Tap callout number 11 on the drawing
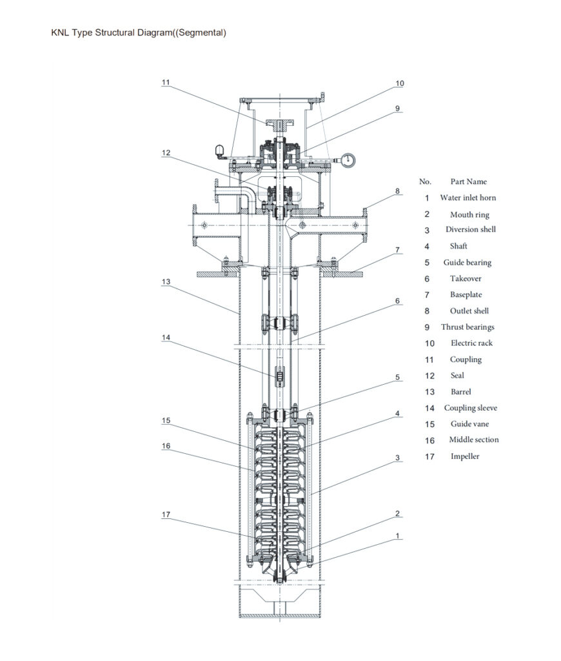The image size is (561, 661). point(166,83)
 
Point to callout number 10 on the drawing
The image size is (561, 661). point(400,83)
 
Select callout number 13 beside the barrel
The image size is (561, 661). point(166,282)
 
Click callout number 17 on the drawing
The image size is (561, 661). point(166,514)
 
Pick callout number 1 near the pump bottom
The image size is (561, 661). point(398,536)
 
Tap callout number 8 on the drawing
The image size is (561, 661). point(398,191)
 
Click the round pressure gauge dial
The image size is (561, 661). point(349,159)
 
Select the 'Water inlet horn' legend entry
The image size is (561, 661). point(468,198)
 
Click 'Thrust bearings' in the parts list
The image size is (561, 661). point(467,327)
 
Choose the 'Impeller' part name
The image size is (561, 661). point(465,456)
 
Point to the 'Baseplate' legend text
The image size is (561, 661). point(466,295)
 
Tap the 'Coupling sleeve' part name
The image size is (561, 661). point(470,408)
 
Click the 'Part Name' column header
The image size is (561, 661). point(469,182)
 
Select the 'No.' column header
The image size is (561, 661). point(426,182)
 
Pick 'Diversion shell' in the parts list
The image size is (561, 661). point(471,230)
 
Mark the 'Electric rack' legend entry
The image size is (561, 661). point(471,343)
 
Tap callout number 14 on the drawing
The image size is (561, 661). point(166,336)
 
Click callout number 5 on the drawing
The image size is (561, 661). point(398,377)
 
